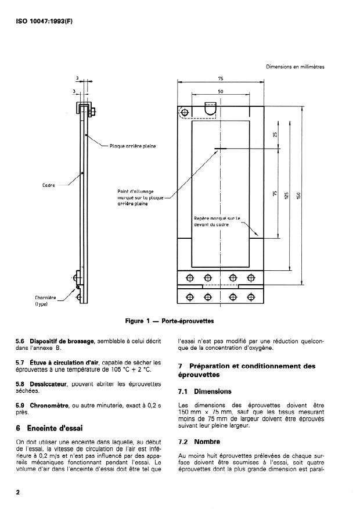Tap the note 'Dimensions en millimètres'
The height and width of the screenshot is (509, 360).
(x=295, y=67)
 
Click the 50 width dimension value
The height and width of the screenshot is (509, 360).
(x=221, y=91)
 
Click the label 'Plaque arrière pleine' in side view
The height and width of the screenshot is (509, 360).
(x=132, y=146)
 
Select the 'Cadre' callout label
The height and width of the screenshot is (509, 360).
(x=49, y=185)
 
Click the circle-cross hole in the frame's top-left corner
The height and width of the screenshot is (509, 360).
(x=185, y=112)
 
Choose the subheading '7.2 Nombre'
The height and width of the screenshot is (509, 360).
(x=199, y=441)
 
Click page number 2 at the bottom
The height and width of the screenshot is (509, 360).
(x=18, y=492)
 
